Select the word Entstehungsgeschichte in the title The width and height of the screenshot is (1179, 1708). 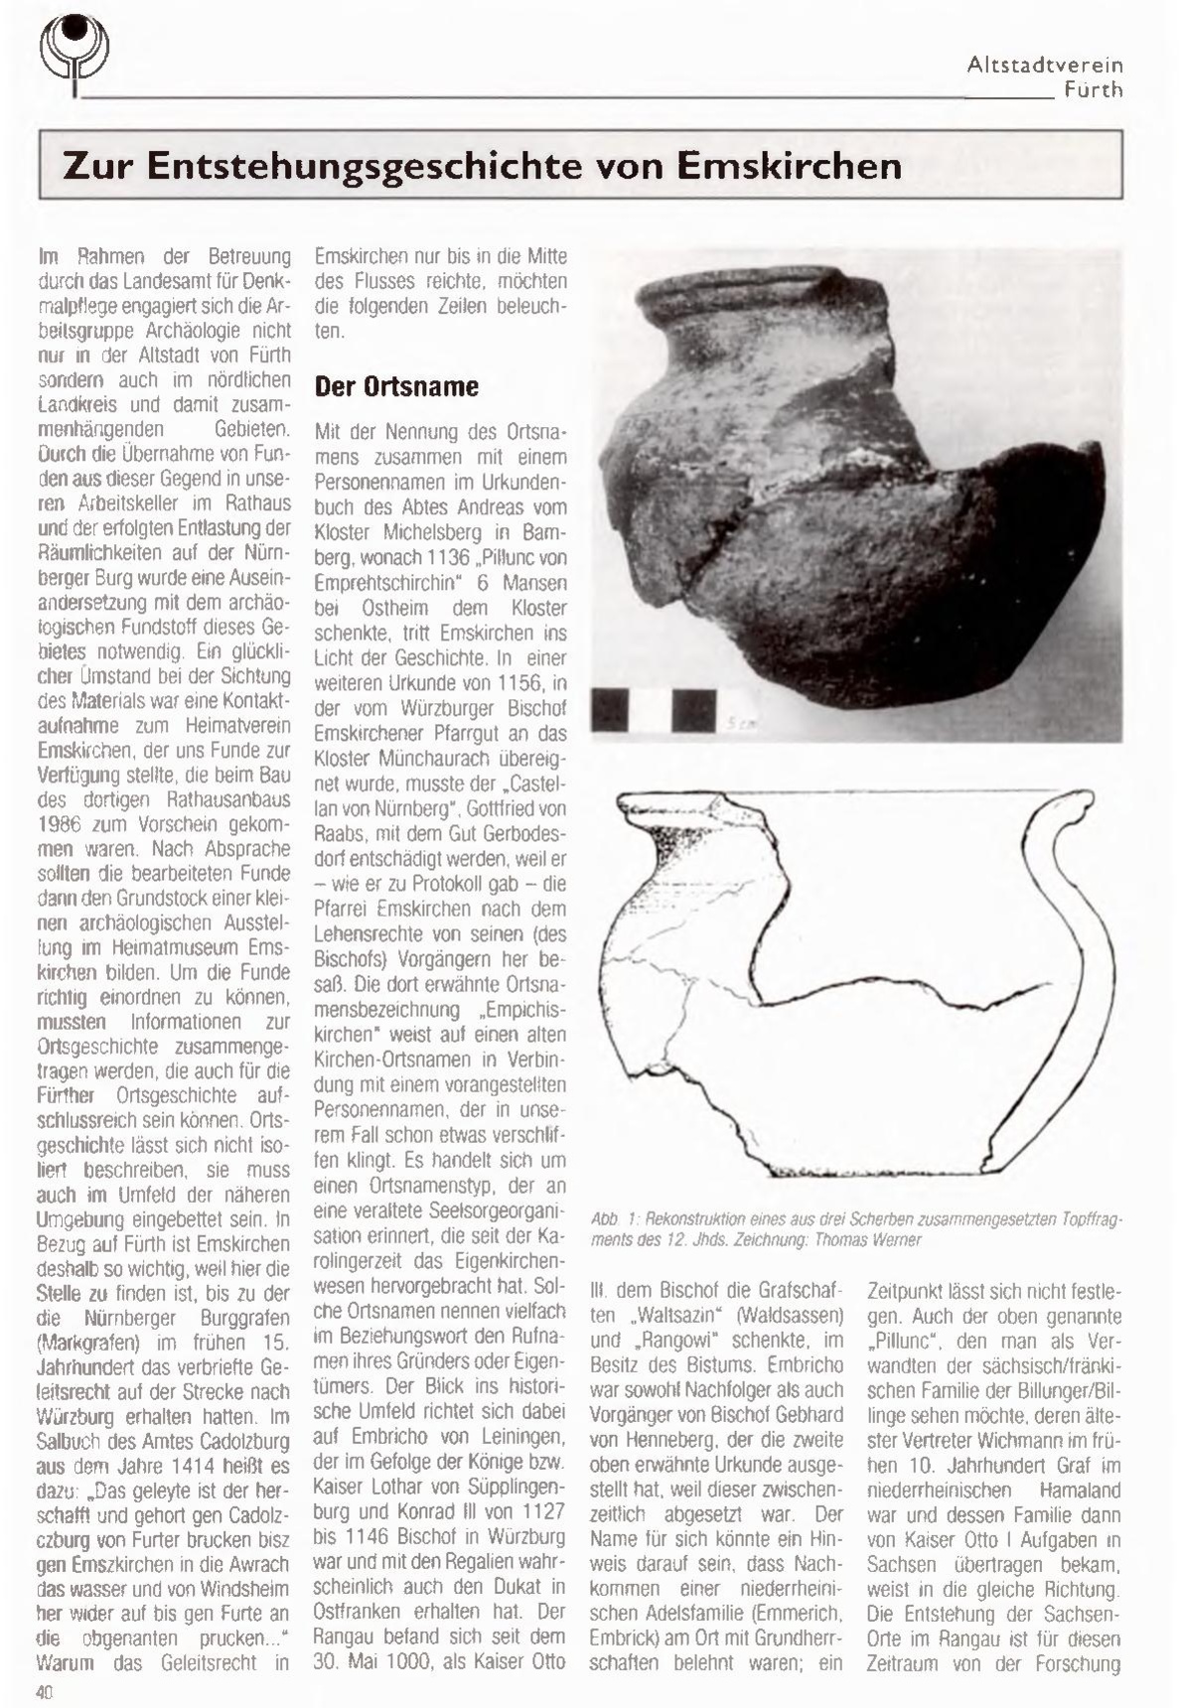pyautogui.click(x=368, y=165)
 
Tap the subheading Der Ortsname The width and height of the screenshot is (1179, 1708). pyautogui.click(x=396, y=386)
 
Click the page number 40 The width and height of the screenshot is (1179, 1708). pyautogui.click(x=44, y=1692)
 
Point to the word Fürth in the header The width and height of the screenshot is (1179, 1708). pyautogui.click(x=1093, y=89)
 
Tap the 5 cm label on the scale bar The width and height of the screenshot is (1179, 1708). pyautogui.click(x=739, y=725)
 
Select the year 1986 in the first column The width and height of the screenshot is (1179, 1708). pyautogui.click(x=59, y=824)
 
